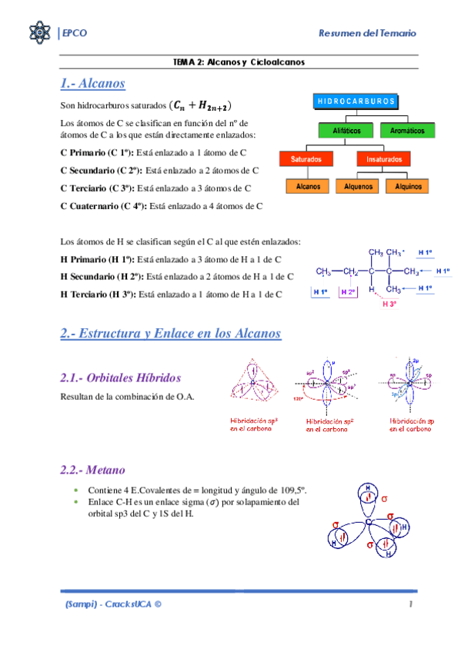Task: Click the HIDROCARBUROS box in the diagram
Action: pyautogui.click(x=356, y=101)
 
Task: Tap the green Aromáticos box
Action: pyautogui.click(x=405, y=131)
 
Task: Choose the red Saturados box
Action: pyautogui.click(x=306, y=159)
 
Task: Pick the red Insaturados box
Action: pyautogui.click(x=377, y=159)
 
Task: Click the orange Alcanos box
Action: pyautogui.click(x=308, y=186)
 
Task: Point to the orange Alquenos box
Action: pyautogui.click(x=359, y=186)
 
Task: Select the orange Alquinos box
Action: pyautogui.click(x=408, y=186)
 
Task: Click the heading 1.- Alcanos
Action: pyautogui.click(x=92, y=82)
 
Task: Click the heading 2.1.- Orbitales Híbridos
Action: pyautogui.click(x=120, y=378)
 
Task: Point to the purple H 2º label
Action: pyautogui.click(x=348, y=292)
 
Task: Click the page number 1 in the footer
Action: pyautogui.click(x=412, y=604)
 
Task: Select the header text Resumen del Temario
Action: pyautogui.click(x=368, y=33)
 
